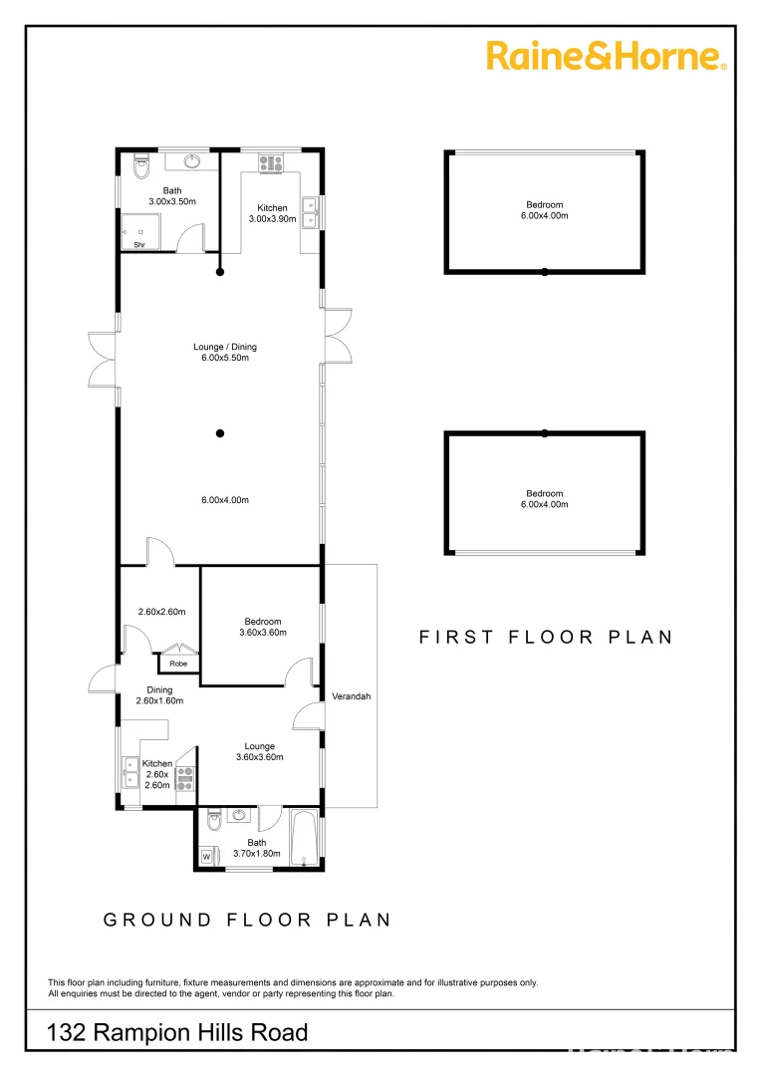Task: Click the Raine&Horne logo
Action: (x=606, y=56)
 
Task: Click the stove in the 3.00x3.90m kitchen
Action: (x=271, y=162)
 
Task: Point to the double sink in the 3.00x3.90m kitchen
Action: (x=310, y=213)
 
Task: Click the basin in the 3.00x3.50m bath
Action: (x=194, y=161)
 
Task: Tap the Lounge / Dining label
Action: (x=225, y=347)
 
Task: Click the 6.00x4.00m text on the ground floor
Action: (x=225, y=499)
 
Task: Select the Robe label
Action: (x=178, y=664)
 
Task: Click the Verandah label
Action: (x=351, y=696)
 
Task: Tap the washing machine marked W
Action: (x=207, y=855)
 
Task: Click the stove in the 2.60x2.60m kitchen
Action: (x=185, y=774)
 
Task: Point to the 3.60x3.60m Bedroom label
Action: (x=263, y=627)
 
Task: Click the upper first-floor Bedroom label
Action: (x=544, y=210)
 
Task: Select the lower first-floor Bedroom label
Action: (x=544, y=499)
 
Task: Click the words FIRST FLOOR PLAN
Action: (x=545, y=637)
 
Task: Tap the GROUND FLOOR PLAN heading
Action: (x=247, y=920)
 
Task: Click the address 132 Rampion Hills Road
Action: (x=177, y=1033)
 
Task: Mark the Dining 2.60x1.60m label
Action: (x=159, y=694)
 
